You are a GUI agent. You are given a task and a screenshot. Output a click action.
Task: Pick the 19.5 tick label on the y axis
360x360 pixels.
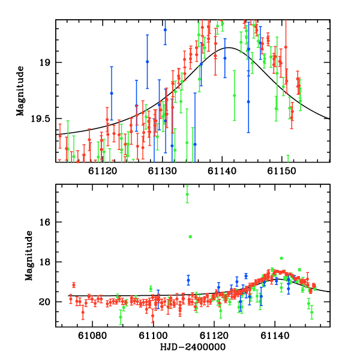42,119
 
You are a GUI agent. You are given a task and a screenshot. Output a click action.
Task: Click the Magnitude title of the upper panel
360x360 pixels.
20,91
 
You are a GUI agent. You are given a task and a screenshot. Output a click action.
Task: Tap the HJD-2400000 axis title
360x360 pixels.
193,347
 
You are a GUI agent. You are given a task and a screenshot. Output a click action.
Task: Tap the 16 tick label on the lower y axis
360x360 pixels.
47,222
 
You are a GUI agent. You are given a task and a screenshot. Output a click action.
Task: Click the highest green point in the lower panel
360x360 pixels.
187,194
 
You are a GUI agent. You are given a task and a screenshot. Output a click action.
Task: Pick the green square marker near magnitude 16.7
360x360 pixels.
190,237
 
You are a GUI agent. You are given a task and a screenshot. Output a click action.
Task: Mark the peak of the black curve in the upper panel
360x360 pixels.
229,47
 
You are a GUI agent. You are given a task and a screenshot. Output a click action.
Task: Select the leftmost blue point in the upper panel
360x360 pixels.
112,93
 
